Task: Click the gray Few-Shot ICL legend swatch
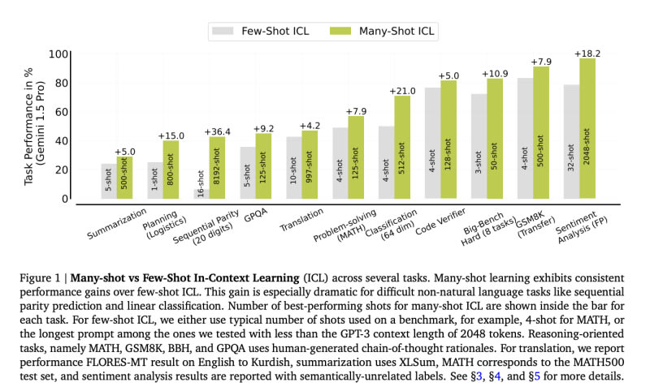coord(223,31)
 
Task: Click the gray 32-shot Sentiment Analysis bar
coord(570,142)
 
